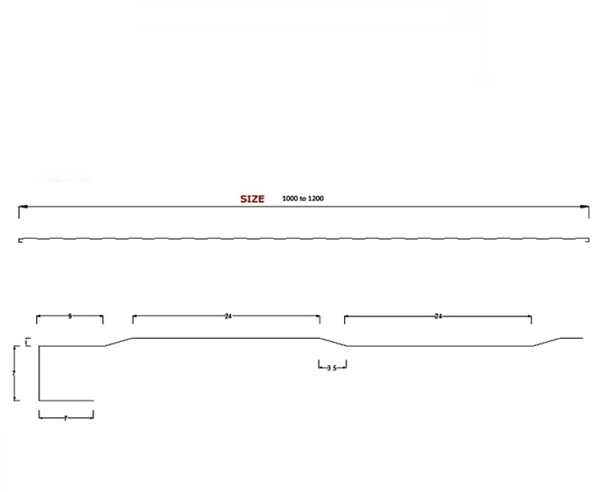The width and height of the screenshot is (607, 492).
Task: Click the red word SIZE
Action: pyautogui.click(x=252, y=198)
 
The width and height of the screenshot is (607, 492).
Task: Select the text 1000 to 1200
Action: pyautogui.click(x=303, y=198)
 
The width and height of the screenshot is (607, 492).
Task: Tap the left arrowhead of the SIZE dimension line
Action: pyautogui.click(x=22, y=206)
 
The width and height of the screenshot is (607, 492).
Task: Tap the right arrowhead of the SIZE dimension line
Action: pyautogui.click(x=585, y=206)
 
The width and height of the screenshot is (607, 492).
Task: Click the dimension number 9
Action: pyautogui.click(x=70, y=316)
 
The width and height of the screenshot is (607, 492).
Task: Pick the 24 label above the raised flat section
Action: pyautogui.click(x=228, y=316)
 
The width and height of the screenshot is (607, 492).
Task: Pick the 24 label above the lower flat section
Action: pyautogui.click(x=438, y=316)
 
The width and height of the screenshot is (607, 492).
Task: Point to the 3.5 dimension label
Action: pyautogui.click(x=332, y=368)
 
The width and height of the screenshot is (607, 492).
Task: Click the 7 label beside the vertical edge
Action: pyautogui.click(x=14, y=373)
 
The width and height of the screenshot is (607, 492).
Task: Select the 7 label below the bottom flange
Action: pyautogui.click(x=66, y=418)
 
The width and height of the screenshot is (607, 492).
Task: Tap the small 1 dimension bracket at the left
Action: pyautogui.click(x=27, y=342)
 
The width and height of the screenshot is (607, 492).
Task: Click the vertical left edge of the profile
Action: pyautogui.click(x=39, y=373)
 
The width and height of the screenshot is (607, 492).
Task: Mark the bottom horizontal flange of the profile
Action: pyautogui.click(x=66, y=400)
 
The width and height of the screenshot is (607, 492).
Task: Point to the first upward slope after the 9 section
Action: pyautogui.click(x=118, y=342)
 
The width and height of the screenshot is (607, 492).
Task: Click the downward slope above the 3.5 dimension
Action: pyautogui.click(x=333, y=342)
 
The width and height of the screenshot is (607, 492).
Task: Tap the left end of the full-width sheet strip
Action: pyautogui.click(x=20, y=240)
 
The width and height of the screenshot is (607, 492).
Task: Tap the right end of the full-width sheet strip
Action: pyautogui.click(x=587, y=240)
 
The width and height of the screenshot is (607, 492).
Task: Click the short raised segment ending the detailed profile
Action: pyautogui.click(x=571, y=338)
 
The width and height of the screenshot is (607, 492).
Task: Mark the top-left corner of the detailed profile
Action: pyautogui.click(x=39, y=346)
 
